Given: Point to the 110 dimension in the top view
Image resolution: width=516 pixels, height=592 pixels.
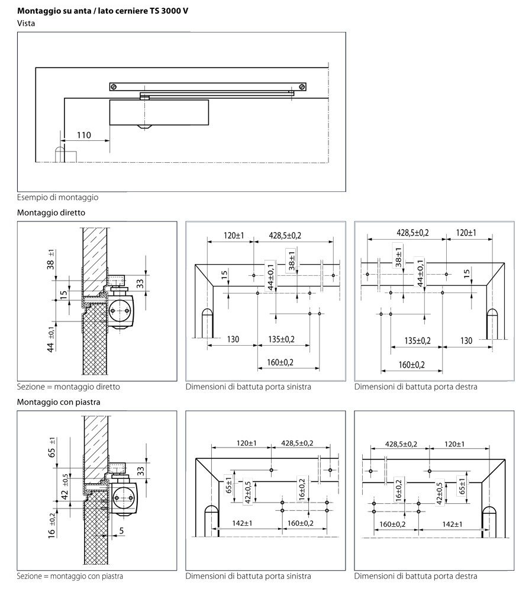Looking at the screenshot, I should (84, 135).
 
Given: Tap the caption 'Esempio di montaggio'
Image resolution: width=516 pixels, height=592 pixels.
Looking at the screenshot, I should (58, 197).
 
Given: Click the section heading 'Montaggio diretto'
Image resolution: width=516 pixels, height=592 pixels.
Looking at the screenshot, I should (51, 212).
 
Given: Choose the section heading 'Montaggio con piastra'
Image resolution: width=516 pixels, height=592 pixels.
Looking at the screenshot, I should (59, 401).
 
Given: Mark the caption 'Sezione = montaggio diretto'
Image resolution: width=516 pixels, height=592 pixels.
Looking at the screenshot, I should (69, 387).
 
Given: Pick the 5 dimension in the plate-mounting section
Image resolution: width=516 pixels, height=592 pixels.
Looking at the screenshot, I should (121, 531).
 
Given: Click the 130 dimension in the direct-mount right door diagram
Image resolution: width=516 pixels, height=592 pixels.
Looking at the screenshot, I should (467, 340).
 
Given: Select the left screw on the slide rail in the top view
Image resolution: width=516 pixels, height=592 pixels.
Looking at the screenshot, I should (116, 87).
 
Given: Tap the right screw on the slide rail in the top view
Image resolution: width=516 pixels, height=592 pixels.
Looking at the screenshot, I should (302, 87).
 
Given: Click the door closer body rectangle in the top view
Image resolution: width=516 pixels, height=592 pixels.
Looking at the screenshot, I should (159, 112).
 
